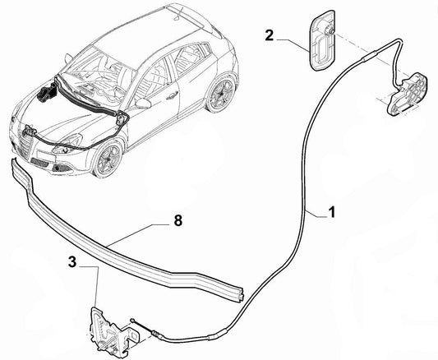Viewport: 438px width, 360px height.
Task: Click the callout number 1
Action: (331, 213)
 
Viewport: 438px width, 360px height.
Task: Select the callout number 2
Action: (270, 35)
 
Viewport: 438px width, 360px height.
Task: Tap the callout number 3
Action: (72, 262)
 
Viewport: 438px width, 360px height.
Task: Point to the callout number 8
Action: (178, 220)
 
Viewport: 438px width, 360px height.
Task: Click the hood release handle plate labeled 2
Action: (323, 40)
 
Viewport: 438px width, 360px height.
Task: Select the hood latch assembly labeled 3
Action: (113, 330)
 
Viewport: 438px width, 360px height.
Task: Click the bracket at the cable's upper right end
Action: (407, 95)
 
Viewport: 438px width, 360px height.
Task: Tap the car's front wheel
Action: (108, 159)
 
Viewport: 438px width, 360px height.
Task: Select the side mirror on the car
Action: (143, 103)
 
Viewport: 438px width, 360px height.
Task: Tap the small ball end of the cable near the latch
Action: (132, 320)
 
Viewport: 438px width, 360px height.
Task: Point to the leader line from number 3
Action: (96, 286)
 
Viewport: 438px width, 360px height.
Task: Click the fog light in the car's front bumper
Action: (58, 168)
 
